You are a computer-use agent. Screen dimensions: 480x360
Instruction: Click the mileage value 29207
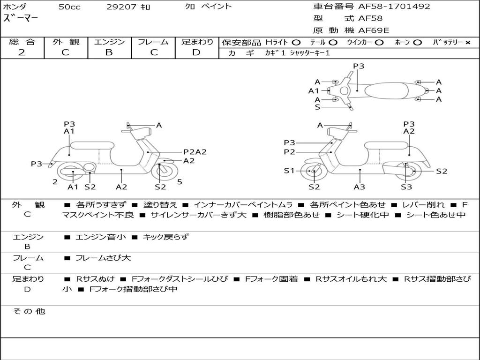[122, 7]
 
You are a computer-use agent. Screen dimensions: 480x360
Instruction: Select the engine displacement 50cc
[69, 7]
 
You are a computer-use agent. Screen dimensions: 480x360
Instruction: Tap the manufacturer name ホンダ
[15, 7]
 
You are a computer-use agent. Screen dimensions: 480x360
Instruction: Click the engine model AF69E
[374, 31]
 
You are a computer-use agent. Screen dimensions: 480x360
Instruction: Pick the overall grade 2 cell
[22, 52]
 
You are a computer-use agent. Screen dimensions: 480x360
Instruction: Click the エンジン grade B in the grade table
[109, 52]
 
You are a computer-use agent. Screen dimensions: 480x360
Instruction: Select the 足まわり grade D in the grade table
[196, 52]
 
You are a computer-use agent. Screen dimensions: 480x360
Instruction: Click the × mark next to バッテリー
[467, 43]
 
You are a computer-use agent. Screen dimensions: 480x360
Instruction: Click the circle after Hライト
[296, 43]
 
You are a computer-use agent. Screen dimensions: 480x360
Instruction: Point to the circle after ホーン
[418, 43]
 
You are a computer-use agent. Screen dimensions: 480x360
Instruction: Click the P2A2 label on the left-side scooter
[195, 152]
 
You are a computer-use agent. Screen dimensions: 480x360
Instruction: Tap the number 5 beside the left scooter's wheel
[180, 182]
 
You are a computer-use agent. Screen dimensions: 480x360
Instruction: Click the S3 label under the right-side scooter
[406, 187]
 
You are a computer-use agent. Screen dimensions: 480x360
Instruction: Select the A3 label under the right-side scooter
[360, 187]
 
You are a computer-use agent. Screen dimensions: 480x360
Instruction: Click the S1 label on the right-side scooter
[290, 171]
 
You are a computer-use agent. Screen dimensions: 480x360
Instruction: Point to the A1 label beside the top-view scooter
[314, 91]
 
